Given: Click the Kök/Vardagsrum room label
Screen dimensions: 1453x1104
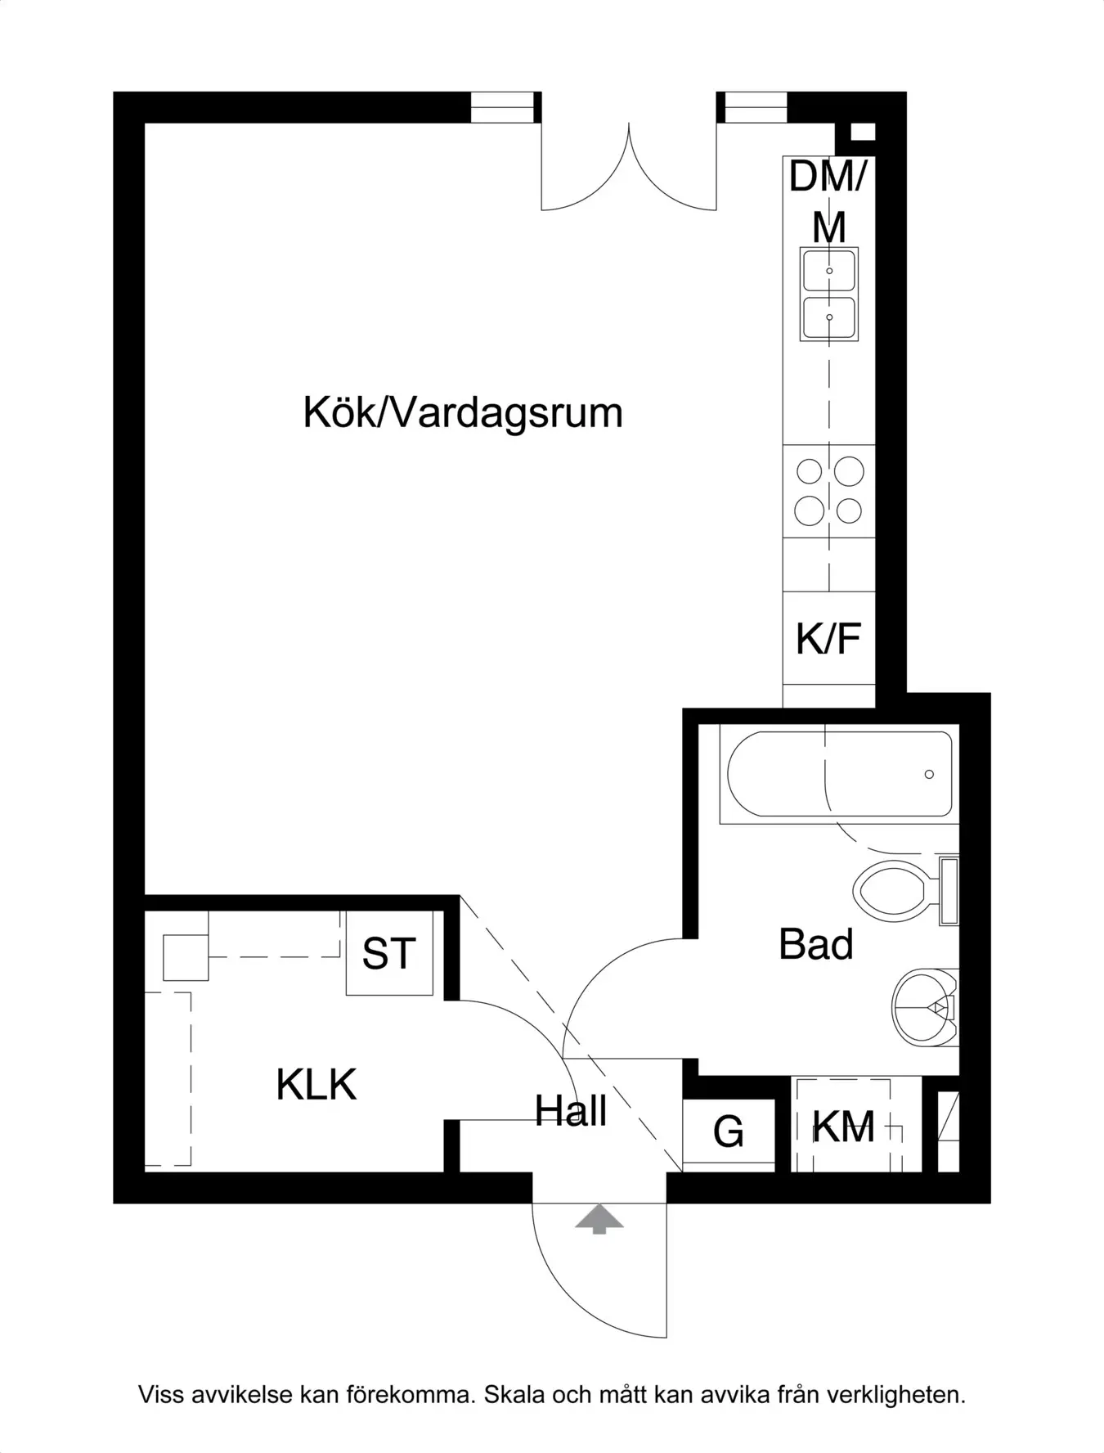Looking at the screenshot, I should [463, 413].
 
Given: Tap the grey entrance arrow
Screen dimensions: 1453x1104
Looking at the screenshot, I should [599, 1218].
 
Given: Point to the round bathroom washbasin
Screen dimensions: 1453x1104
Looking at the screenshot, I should [924, 1007].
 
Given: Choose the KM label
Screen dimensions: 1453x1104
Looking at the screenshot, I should [843, 1127].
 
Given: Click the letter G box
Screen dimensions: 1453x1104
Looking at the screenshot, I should [728, 1132].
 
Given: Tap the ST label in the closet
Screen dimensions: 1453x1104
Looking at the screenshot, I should [388, 954].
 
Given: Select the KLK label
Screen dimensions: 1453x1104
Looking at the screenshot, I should [316, 1086].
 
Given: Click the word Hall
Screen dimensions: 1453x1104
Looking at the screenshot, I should [571, 1112].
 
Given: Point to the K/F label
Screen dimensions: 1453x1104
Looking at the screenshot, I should [828, 639].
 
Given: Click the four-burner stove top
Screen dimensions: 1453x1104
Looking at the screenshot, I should [829, 491].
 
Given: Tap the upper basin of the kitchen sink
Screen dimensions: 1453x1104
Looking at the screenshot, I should [829, 271].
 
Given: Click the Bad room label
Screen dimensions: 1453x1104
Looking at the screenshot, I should [815, 944].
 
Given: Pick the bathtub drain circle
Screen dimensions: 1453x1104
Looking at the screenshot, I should [929, 774].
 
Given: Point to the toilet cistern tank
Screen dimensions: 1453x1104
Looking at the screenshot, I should [949, 890].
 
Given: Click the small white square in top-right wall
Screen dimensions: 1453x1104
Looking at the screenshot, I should [863, 132].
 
